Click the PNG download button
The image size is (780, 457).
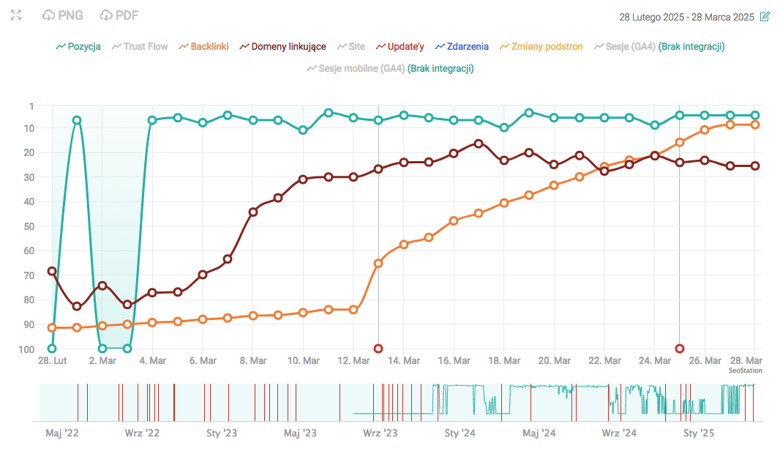point(63,15)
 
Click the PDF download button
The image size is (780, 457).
point(119,15)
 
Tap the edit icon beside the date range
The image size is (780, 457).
point(765,16)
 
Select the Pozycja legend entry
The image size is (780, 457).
point(78,46)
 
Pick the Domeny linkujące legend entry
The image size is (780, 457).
point(282,46)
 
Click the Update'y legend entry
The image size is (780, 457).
point(400,46)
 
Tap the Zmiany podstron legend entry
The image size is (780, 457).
point(541,46)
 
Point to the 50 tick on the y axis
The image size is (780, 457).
point(29,226)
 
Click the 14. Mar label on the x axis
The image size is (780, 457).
point(403,360)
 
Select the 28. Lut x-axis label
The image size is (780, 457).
point(52,360)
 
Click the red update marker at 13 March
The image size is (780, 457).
point(378,349)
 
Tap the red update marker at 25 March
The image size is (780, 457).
point(680,349)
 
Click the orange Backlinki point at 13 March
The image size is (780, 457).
point(378,263)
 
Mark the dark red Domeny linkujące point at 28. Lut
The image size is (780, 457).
point(52,271)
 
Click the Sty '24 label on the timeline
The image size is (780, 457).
point(460,433)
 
